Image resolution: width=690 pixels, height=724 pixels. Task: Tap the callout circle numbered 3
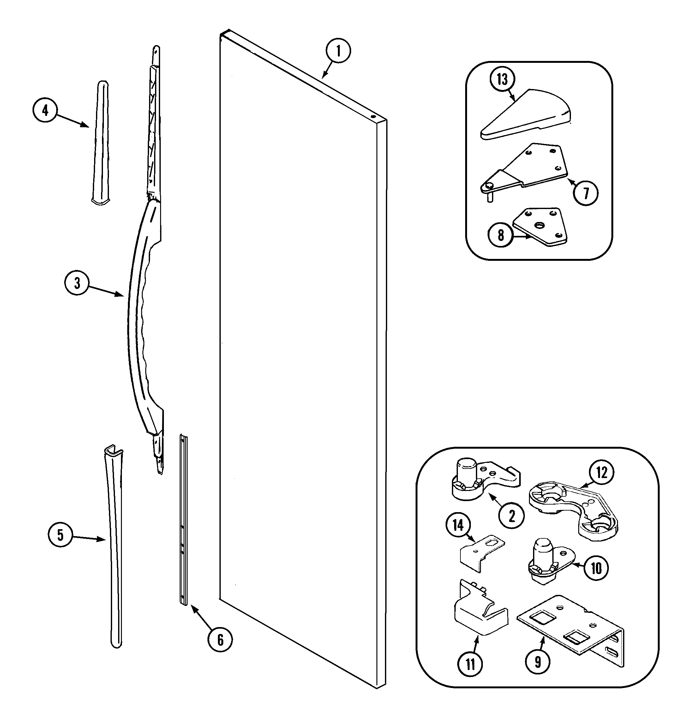pyautogui.click(x=76, y=283)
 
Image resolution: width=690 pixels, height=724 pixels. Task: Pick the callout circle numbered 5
pyautogui.click(x=60, y=535)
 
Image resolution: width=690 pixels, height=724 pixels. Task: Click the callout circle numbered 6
pyautogui.click(x=220, y=640)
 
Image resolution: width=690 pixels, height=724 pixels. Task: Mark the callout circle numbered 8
pyautogui.click(x=501, y=235)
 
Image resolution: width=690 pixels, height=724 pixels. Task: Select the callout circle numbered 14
pyautogui.click(x=458, y=526)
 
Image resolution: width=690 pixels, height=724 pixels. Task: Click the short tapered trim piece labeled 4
pyautogui.click(x=101, y=143)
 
